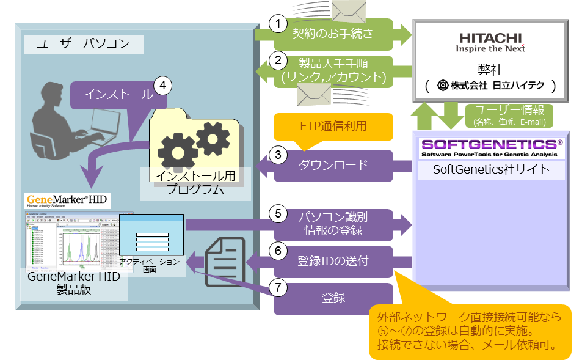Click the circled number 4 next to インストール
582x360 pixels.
point(161,85)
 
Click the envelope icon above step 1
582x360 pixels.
point(347,11)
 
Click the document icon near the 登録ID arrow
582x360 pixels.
point(225,260)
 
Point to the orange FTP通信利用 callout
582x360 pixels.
point(333,127)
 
